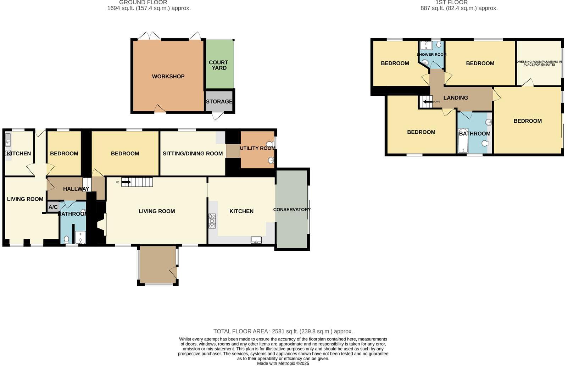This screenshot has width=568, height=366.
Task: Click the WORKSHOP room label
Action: pos(168,76)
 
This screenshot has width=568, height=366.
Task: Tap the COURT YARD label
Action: pos(218,65)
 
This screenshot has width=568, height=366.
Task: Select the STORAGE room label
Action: pos(219,101)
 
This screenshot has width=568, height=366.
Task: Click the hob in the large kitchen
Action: pos(212,221)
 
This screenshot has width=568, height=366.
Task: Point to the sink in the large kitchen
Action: pos(256,240)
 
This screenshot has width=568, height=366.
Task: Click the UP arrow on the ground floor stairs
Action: pos(126,182)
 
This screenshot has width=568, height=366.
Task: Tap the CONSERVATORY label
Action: pos(292,210)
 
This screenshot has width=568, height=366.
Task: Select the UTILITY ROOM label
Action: pos(257,148)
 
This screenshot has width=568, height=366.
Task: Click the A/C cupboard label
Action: pos(53,207)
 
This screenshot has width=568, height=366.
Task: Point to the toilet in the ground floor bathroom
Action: pos(66,239)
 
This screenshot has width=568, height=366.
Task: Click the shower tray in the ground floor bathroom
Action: pos(80,238)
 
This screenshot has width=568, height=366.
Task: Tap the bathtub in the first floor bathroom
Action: pos(463,141)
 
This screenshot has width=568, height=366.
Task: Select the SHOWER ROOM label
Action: pos(431,55)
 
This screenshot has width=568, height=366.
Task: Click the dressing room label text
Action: pos(539,63)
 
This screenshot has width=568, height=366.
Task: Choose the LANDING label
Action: pos(456,98)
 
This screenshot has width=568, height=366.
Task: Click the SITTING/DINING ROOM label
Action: pos(193,154)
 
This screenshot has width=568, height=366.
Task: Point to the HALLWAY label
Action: pos(76,189)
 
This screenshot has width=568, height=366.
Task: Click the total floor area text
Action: pos(283,331)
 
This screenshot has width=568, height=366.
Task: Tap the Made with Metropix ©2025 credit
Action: pos(283,363)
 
